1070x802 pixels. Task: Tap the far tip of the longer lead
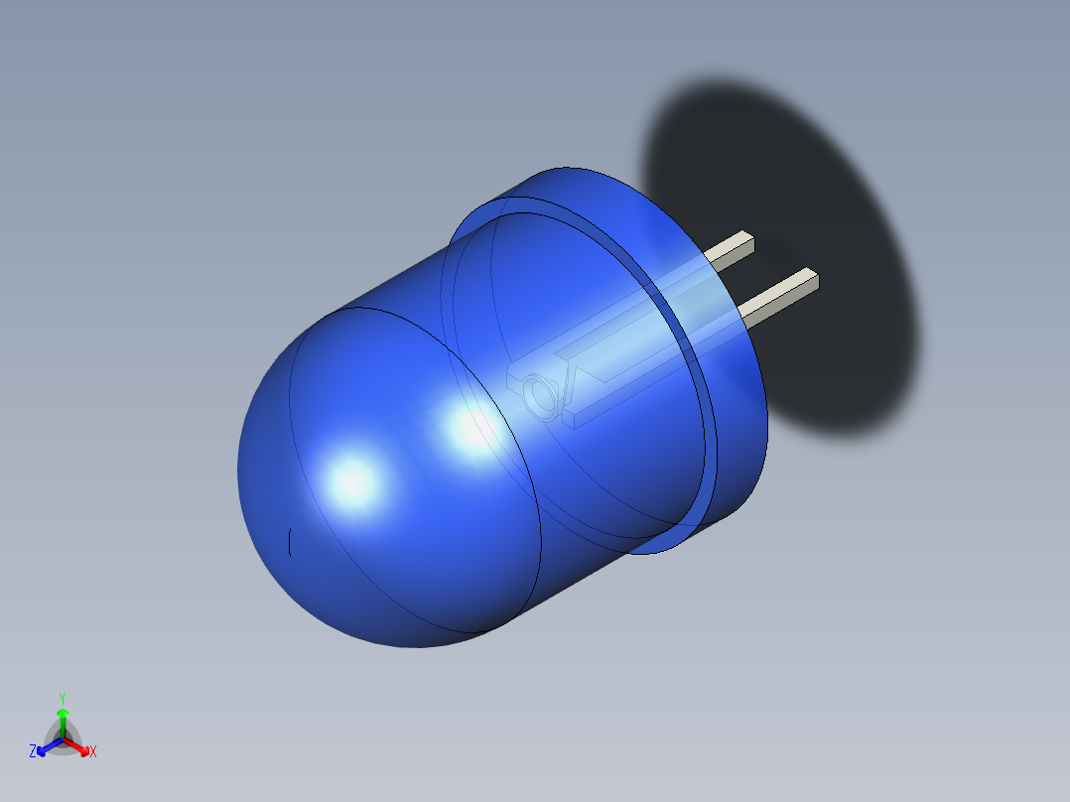pyautogui.click(x=813, y=279)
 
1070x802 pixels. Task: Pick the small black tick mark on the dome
pyautogui.click(x=289, y=542)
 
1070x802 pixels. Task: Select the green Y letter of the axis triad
pyautogui.click(x=62, y=697)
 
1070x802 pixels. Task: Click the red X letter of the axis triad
pyautogui.click(x=93, y=752)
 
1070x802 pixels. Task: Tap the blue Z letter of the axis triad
pyautogui.click(x=33, y=752)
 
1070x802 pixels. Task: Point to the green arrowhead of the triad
pyautogui.click(x=62, y=713)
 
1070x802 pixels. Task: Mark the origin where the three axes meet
pyautogui.click(x=62, y=737)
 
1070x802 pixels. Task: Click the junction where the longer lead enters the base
pyautogui.click(x=746, y=315)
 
